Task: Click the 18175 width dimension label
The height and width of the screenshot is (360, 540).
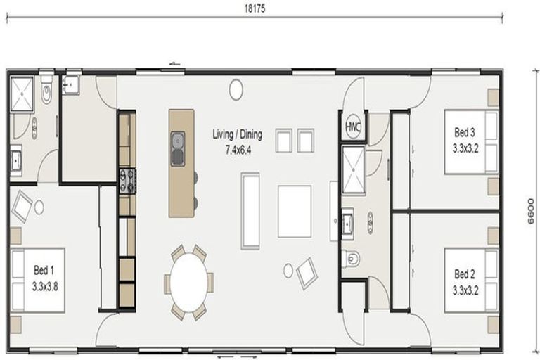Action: coord(255,8)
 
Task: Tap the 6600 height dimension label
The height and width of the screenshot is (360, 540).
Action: coord(531,211)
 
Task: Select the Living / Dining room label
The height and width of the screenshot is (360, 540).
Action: coord(237,134)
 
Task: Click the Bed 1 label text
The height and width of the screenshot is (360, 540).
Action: coord(44,270)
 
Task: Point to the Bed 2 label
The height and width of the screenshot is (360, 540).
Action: coord(465,274)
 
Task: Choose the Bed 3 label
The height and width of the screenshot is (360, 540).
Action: coord(465,132)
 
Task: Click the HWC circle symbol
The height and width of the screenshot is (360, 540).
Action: coord(353,127)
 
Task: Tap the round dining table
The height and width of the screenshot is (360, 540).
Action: coord(189,283)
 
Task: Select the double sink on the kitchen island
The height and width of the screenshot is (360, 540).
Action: coord(178,149)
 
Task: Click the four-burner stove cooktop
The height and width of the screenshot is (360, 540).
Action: coord(127,181)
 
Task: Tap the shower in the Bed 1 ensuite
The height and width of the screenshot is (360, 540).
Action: coord(22,94)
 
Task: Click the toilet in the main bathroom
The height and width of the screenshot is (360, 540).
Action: coord(351,258)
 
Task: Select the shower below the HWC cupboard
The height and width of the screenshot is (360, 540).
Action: coord(354,169)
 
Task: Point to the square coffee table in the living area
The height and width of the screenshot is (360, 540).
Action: coord(295,211)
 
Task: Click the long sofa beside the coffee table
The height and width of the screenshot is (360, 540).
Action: coord(250,211)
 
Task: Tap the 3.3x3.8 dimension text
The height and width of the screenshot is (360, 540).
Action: coord(45,286)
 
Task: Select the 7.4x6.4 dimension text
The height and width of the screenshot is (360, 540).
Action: coord(238,150)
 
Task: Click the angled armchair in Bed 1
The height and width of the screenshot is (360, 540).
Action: coord(22,206)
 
